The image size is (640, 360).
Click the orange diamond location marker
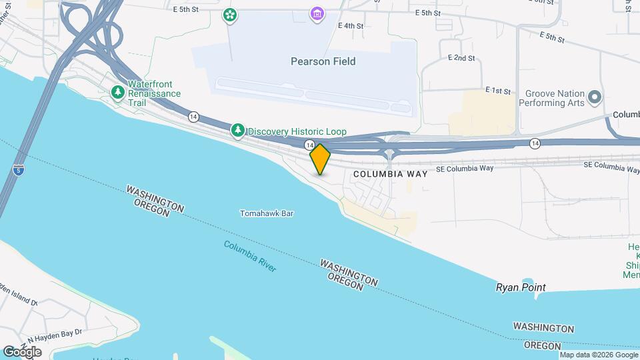point(320,159)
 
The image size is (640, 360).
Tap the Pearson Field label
point(323,61)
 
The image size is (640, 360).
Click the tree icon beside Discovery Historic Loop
point(238,131)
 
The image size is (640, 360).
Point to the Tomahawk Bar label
point(267,214)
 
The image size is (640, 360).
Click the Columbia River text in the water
point(250,256)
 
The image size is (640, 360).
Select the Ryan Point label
point(521,287)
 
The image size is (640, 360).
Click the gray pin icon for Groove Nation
point(596,98)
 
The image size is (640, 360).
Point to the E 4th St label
point(351,26)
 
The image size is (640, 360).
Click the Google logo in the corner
point(21,351)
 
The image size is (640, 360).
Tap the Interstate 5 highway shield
point(16,171)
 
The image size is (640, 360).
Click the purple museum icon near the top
point(317,13)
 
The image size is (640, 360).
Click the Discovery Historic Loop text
point(297,132)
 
